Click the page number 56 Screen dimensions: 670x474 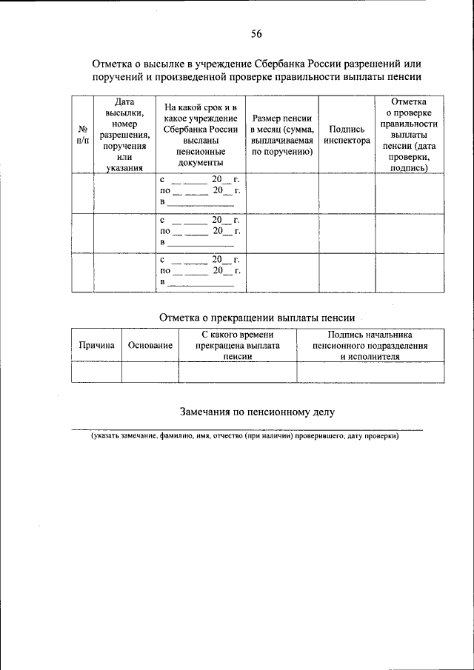click(256, 33)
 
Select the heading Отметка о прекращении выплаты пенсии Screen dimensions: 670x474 click(257, 317)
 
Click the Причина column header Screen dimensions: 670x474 click(96, 345)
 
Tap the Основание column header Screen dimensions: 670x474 click(150, 345)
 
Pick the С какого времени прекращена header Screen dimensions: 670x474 click(238, 345)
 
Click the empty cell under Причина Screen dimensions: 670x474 click(96, 372)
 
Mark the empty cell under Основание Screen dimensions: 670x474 click(150, 372)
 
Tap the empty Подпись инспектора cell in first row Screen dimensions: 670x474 click(347, 193)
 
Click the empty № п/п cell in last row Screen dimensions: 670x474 click(82, 273)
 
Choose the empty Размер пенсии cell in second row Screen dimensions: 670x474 click(281, 233)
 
